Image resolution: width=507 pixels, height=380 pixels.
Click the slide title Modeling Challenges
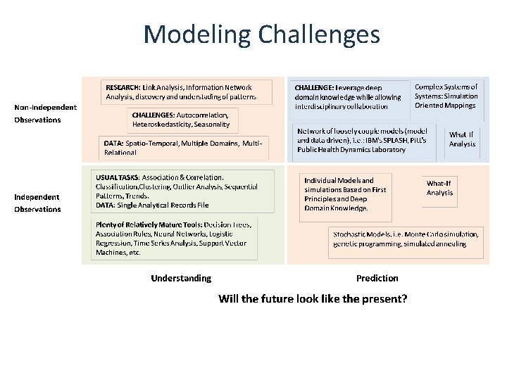261,34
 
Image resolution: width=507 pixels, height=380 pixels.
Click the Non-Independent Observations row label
46,113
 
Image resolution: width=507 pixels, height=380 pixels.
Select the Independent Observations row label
38,203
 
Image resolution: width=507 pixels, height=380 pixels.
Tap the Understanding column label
181,278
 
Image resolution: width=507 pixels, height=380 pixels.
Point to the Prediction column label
377,278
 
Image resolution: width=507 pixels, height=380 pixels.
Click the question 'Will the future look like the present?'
313,298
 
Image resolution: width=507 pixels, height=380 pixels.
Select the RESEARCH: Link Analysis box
186,91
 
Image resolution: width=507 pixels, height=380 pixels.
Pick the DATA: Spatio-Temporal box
183,148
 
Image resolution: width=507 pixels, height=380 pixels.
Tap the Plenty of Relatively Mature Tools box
175,237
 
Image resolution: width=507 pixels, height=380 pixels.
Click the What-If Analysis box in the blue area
462,139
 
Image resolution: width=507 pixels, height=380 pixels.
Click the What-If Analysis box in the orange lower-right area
439,188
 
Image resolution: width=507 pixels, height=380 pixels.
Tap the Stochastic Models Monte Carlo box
406,239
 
